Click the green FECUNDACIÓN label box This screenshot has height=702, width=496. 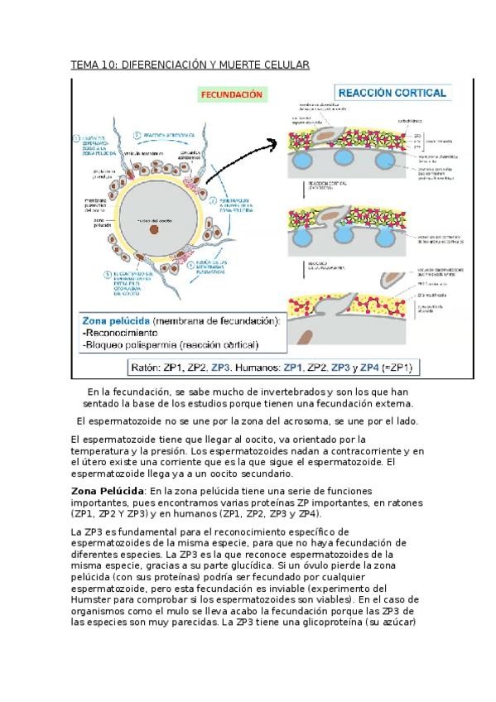point(231,95)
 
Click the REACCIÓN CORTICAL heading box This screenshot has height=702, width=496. point(391,94)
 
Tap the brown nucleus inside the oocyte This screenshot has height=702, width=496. point(154,231)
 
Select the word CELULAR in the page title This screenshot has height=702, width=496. point(286,65)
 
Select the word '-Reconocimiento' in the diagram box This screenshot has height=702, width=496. point(123,333)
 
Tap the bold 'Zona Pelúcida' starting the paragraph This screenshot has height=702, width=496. point(103,491)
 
